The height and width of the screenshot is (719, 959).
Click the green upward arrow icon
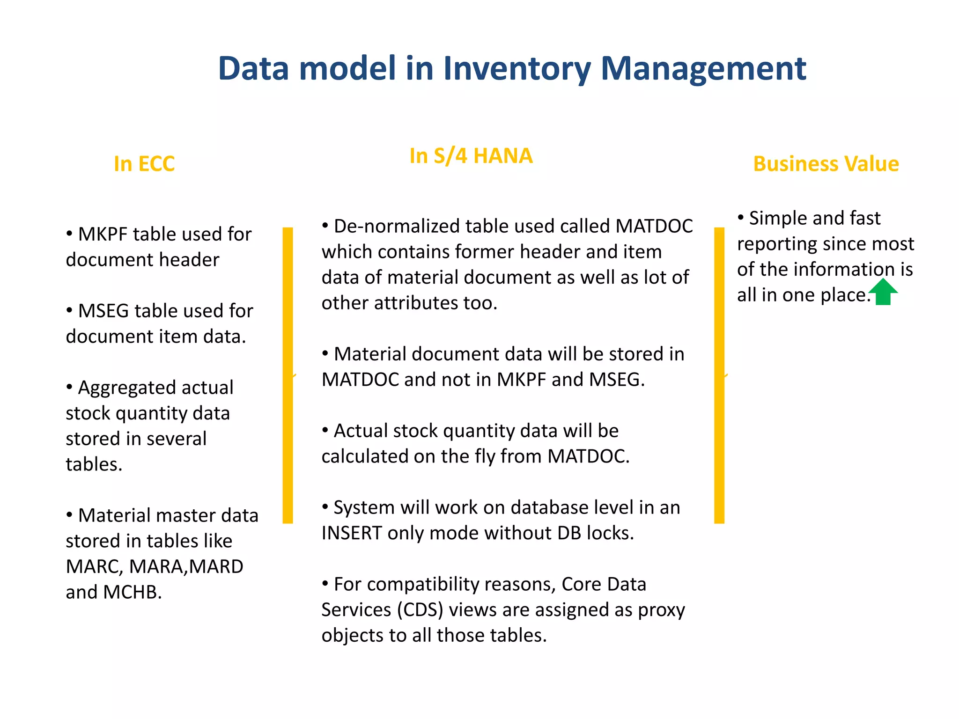pyautogui.click(x=883, y=292)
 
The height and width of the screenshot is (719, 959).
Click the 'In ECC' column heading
pyautogui.click(x=144, y=164)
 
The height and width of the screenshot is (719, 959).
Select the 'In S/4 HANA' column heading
pyautogui.click(x=471, y=156)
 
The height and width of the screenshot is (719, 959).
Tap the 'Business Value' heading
pyautogui.click(x=826, y=164)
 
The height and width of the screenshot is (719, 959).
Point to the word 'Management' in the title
pyautogui.click(x=703, y=69)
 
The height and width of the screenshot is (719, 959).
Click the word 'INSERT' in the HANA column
pyautogui.click(x=352, y=533)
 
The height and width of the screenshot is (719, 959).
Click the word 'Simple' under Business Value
pyautogui.click(x=778, y=218)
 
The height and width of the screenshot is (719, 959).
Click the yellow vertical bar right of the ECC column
pyautogui.click(x=288, y=375)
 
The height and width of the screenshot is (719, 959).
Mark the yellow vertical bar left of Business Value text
pyautogui.click(x=719, y=375)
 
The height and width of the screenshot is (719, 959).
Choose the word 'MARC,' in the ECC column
pyautogui.click(x=95, y=566)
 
